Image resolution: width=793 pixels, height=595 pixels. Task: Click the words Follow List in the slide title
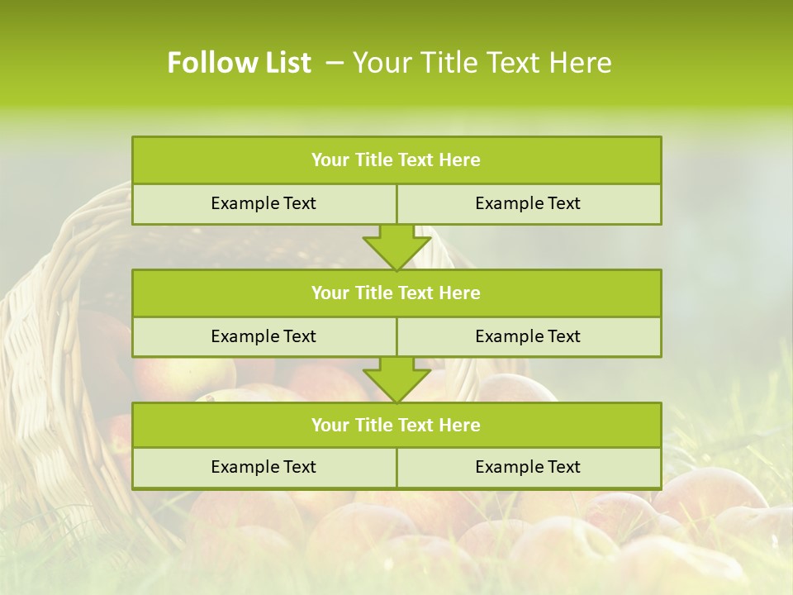[x=239, y=63]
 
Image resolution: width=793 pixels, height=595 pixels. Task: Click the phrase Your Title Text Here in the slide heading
[x=482, y=63]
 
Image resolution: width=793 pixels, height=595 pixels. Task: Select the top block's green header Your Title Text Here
[x=396, y=160]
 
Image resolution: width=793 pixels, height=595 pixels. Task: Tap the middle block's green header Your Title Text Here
[x=396, y=293]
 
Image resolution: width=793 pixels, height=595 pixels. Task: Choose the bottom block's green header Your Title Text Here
[x=396, y=425]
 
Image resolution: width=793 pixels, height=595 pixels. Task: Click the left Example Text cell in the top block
[x=264, y=203]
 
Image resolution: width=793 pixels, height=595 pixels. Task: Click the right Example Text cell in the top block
[x=528, y=203]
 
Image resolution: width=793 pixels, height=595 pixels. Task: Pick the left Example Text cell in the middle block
[x=264, y=336]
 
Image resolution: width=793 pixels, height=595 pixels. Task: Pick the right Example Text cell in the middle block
[x=528, y=336]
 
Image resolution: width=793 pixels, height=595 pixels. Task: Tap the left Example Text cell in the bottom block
[x=264, y=467]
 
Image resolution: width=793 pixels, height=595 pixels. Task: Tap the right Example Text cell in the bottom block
[x=528, y=467]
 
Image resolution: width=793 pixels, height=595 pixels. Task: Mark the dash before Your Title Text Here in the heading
[x=335, y=63]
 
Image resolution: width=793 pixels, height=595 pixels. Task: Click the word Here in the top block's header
[x=460, y=160]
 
